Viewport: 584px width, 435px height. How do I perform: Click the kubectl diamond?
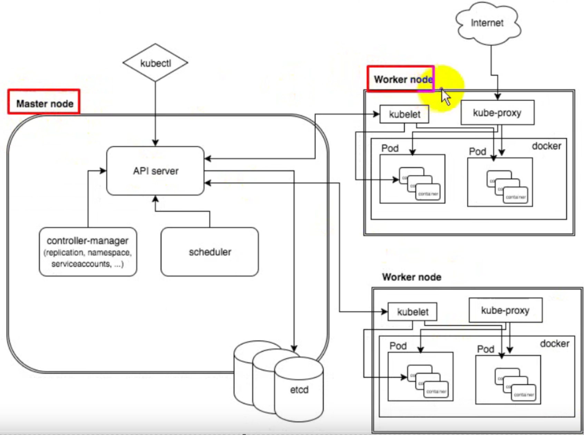[155, 63]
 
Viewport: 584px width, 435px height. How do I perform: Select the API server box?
[155, 171]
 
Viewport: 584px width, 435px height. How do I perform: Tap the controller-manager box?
[88, 252]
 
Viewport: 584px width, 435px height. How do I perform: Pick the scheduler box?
[210, 252]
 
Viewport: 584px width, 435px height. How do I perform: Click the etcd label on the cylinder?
[299, 390]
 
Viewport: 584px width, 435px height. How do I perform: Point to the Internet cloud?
[487, 23]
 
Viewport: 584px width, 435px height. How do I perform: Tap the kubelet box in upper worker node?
[404, 114]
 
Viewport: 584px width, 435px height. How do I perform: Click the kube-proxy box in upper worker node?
[497, 113]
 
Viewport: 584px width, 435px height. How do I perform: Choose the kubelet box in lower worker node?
[412, 312]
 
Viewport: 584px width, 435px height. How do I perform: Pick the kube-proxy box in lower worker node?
[505, 310]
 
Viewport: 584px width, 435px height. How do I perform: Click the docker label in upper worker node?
[546, 146]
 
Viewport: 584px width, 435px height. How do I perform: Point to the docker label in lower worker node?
[554, 344]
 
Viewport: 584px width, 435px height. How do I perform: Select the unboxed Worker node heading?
[411, 277]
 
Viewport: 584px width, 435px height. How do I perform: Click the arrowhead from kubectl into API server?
[155, 143]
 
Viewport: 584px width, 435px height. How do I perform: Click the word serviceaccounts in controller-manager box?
[81, 264]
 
